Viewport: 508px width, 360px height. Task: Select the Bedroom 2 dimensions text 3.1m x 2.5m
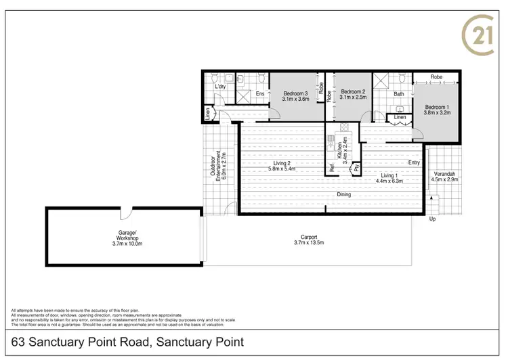point(353,97)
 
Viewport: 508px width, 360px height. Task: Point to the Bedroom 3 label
point(295,93)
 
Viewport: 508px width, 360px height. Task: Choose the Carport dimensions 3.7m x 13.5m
point(308,242)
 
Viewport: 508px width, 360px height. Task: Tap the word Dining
point(344,195)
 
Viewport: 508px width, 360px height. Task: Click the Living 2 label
point(282,163)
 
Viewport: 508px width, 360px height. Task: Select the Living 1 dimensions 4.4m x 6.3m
point(389,181)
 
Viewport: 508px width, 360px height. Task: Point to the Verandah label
point(445,173)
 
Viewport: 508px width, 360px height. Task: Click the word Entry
point(414,162)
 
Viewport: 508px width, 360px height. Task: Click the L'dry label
point(219,87)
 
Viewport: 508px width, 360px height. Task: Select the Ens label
point(259,93)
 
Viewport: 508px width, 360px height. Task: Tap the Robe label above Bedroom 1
point(436,76)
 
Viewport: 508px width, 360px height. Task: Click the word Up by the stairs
point(431,219)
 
